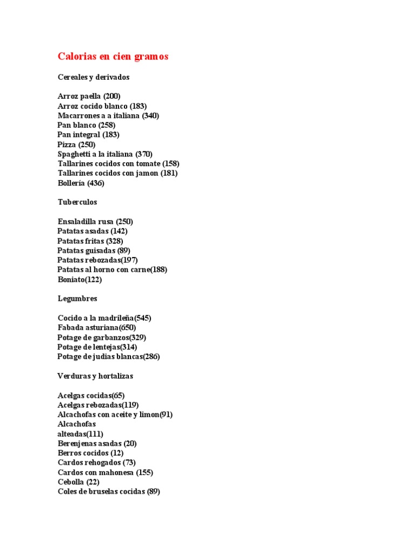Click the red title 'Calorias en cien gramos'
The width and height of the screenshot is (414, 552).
113,57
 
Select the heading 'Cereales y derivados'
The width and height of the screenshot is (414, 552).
93,77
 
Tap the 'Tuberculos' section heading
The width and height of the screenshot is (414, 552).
77,202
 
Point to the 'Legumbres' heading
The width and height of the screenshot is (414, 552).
77,298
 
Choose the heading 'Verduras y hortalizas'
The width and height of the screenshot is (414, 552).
95,376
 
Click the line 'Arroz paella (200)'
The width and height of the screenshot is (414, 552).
89,96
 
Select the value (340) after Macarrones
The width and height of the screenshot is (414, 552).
150,116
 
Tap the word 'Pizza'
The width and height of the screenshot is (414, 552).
67,144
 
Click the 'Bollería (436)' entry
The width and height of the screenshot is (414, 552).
81,183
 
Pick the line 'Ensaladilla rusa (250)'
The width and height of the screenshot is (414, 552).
95,222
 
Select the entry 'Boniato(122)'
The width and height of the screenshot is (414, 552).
79,279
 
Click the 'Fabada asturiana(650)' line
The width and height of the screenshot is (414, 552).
96,328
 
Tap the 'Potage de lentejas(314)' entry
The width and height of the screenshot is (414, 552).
97,347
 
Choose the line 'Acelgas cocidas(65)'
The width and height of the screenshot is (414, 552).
91,395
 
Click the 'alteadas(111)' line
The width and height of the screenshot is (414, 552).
80,434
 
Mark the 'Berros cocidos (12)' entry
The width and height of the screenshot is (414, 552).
91,453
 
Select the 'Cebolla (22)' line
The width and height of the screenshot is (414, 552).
78,482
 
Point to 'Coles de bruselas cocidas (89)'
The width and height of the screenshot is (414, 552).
108,492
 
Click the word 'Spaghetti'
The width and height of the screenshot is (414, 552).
74,154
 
